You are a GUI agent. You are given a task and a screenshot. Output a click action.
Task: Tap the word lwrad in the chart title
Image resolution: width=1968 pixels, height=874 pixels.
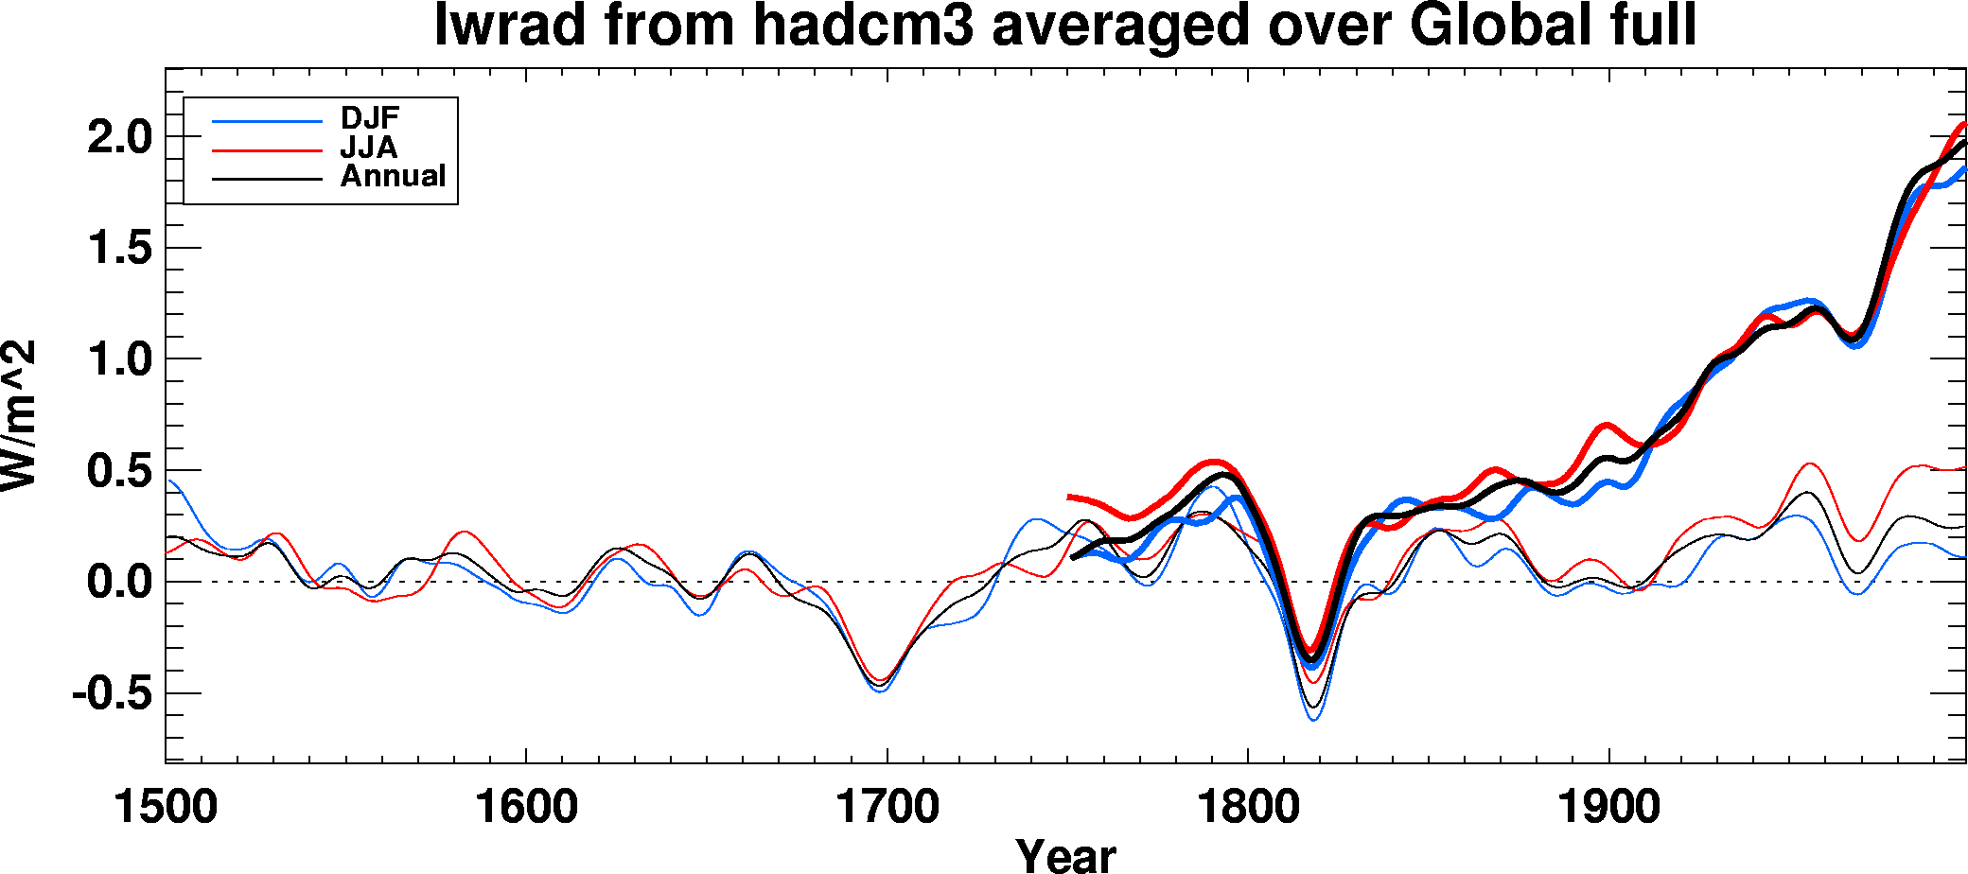pos(511,26)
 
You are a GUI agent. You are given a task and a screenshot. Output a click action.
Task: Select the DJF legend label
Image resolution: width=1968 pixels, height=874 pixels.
pos(370,118)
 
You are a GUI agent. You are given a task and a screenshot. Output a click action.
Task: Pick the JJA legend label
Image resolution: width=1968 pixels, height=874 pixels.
pos(369,148)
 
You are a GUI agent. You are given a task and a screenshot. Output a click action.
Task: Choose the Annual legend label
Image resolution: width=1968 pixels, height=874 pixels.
pos(393,176)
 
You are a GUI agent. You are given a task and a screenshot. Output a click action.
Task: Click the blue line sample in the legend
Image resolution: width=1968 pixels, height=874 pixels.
pos(268,121)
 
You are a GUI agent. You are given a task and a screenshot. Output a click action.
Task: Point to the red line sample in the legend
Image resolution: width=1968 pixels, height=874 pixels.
pos(268,149)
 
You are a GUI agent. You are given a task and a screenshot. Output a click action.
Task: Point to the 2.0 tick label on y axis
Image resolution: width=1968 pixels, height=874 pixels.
pos(119,138)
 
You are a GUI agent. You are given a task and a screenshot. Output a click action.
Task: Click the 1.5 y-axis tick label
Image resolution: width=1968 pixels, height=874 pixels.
pos(119,249)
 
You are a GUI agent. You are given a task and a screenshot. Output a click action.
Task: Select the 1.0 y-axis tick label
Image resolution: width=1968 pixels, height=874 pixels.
pos(119,359)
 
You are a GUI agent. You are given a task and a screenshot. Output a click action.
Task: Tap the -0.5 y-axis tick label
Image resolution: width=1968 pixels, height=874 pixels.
pos(112,693)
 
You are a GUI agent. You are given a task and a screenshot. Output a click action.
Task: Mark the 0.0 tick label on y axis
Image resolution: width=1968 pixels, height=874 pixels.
pos(119,582)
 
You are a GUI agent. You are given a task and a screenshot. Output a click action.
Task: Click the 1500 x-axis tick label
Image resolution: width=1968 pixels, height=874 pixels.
pos(166,808)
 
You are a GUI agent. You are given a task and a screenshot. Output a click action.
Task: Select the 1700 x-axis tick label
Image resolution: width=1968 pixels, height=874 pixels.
pos(887,808)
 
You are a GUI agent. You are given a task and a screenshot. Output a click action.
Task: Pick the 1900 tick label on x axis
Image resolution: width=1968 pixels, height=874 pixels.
pos(1608,808)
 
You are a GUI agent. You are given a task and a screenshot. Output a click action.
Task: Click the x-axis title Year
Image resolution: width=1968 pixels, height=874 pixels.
pos(1066,855)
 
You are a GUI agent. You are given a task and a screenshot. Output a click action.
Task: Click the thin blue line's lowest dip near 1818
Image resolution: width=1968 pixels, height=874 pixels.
pos(1313,720)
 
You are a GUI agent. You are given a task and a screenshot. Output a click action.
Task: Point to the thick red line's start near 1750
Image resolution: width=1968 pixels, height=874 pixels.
pos(1069,497)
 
